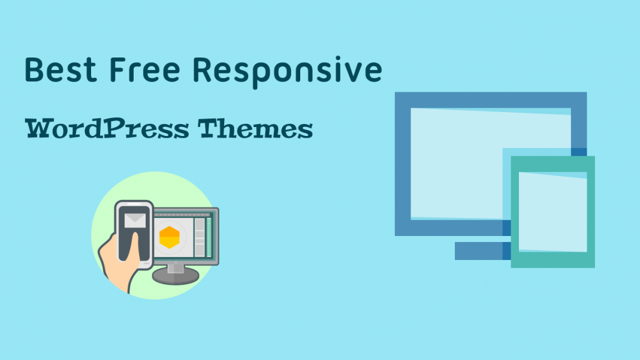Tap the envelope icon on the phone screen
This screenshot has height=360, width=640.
pyautogui.click(x=135, y=220)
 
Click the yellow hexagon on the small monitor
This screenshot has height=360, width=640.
pyautogui.click(x=170, y=238)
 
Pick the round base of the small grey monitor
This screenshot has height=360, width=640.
pyautogui.click(x=175, y=276)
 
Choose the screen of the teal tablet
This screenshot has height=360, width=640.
pyautogui.click(x=553, y=211)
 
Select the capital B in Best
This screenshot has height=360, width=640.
pyautogui.click(x=35, y=70)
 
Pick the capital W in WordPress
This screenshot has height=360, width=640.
pyautogui.click(x=40, y=128)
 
